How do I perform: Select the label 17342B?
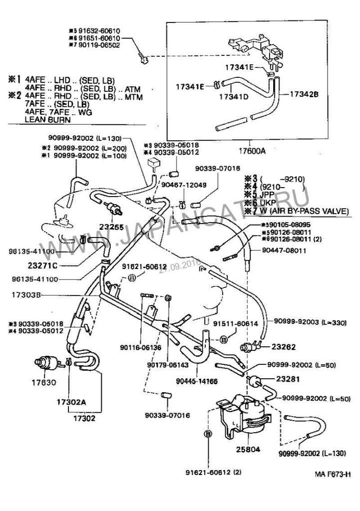(304, 92)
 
